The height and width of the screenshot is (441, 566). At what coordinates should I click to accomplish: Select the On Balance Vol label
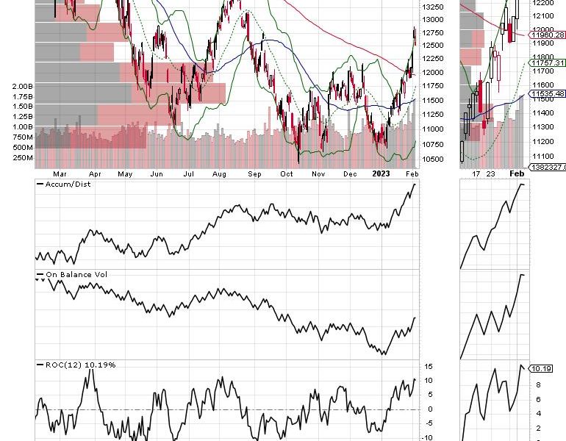[69, 275]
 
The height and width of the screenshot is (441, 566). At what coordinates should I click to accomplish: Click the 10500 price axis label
[433, 159]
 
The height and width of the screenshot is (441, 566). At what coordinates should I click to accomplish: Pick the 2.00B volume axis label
[22, 86]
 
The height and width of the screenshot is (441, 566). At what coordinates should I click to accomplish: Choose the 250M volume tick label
[23, 157]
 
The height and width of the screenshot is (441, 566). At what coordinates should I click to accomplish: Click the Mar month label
[60, 173]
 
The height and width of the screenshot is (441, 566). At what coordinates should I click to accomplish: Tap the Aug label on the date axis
[218, 173]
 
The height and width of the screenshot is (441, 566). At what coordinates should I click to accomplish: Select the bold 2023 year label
[381, 173]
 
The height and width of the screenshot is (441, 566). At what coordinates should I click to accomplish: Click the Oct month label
[287, 173]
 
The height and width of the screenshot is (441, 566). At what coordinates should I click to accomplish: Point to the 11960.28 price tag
[547, 35]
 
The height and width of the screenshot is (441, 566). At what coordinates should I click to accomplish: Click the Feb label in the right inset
[517, 173]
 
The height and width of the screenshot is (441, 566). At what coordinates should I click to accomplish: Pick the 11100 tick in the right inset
[544, 156]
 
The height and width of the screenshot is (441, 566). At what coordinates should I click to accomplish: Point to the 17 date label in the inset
[476, 173]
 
